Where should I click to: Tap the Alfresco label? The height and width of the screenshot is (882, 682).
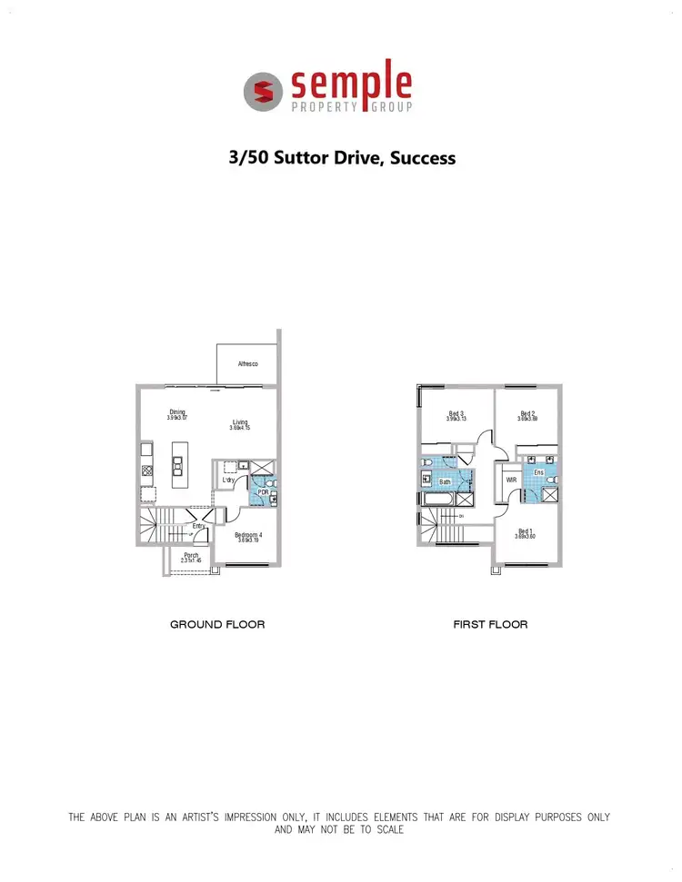247,363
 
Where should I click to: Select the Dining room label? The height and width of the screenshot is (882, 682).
177,412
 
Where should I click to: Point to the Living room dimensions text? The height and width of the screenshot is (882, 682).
240,428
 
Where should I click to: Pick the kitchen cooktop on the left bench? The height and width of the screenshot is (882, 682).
145,471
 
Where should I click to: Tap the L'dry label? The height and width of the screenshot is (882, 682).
228,481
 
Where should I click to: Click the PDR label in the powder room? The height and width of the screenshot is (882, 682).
262,492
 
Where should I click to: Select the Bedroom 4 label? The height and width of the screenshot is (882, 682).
249,535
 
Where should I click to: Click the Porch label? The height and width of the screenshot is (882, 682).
191,555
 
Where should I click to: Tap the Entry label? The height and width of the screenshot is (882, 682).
198,526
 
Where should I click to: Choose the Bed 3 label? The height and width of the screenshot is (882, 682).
456,414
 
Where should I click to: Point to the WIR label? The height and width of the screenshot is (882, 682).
511,480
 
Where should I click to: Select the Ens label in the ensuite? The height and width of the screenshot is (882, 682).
538,473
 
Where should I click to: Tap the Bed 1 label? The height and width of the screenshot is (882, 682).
526,531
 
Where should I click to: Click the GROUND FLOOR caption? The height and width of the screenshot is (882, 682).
217,625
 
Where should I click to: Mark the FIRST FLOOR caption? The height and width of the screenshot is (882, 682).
490,625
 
